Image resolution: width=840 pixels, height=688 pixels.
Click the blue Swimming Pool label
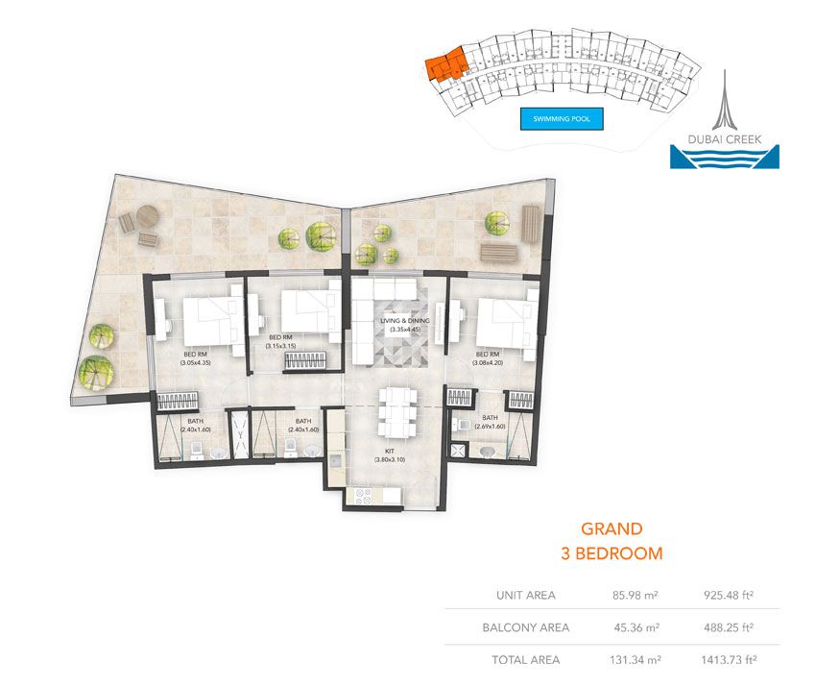click(x=562, y=120)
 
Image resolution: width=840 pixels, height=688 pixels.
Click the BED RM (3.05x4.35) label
click(x=196, y=357)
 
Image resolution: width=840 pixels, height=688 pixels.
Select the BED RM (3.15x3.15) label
click(x=280, y=341)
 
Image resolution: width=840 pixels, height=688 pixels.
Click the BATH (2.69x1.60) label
click(x=490, y=421)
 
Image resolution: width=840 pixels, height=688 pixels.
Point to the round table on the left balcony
click(x=146, y=216)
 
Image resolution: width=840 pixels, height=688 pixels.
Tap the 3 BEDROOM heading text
click(x=612, y=553)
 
